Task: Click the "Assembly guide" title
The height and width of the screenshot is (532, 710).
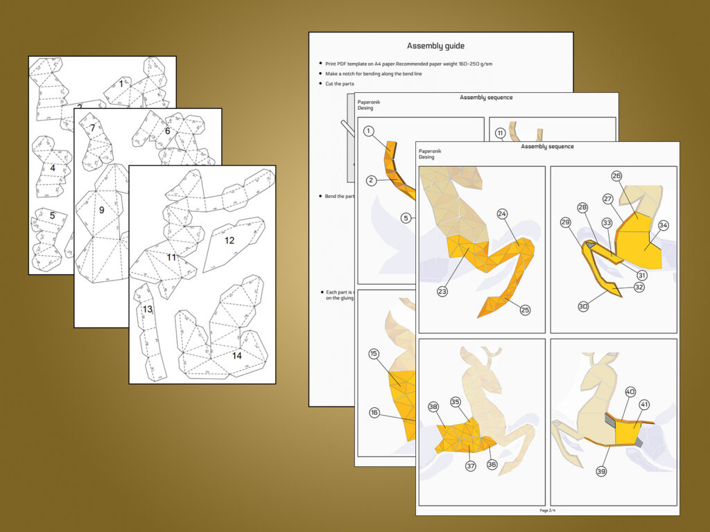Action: click(x=435, y=46)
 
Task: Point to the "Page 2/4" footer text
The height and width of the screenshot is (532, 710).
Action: click(x=548, y=511)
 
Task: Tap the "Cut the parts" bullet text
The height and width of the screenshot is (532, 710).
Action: click(x=340, y=84)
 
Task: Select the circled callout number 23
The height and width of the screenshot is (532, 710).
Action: click(x=442, y=292)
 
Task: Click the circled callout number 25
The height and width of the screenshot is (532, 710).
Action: click(x=525, y=310)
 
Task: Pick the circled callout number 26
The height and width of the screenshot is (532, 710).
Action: click(x=616, y=176)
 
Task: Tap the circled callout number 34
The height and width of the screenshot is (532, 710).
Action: click(x=664, y=225)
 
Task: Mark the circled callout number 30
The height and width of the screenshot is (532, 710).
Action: click(x=583, y=306)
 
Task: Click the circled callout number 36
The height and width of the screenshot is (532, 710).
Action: click(x=492, y=464)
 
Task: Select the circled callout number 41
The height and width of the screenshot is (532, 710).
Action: click(x=644, y=405)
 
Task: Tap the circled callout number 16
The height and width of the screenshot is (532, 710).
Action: click(x=374, y=413)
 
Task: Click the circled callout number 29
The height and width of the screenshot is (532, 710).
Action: click(x=565, y=222)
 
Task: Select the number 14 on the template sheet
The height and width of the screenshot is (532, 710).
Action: click(x=237, y=355)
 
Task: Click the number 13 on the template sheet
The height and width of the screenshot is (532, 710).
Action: click(x=148, y=309)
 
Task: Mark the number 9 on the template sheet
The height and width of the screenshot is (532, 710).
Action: click(x=101, y=210)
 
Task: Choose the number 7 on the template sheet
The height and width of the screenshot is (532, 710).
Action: click(x=92, y=127)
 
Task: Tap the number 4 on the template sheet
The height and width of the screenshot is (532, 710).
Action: click(x=52, y=167)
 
